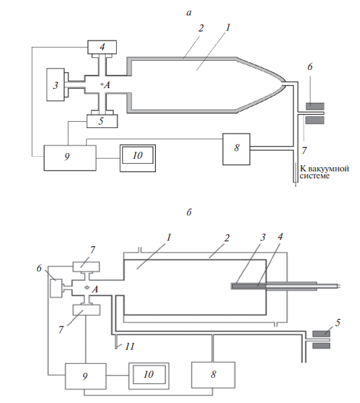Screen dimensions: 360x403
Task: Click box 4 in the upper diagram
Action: [x=102, y=47]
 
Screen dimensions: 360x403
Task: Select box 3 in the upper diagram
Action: [x=55, y=85]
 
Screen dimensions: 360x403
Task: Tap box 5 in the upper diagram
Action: [x=102, y=121]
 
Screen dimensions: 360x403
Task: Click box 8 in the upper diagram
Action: [x=236, y=149]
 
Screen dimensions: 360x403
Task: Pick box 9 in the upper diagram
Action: [x=70, y=158]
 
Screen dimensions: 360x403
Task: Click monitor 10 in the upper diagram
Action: [x=138, y=158]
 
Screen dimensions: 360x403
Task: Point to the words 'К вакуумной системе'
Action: [x=324, y=172]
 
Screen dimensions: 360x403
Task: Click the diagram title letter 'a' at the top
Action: [x=189, y=13]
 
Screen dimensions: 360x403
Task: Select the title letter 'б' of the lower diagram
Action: [x=189, y=212]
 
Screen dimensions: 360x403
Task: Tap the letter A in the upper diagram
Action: [x=107, y=85]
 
